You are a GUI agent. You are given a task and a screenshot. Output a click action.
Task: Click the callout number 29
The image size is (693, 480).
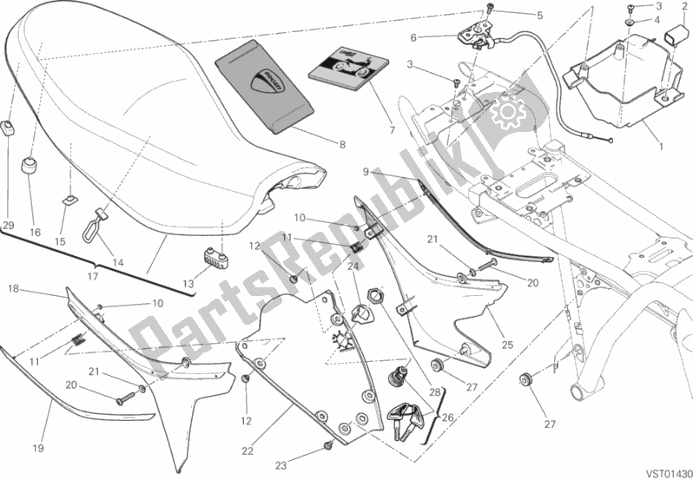click(x=9, y=227)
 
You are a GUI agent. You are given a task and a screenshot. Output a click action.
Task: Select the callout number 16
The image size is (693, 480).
click(x=35, y=232)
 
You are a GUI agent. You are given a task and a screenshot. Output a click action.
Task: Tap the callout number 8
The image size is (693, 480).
click(x=342, y=144)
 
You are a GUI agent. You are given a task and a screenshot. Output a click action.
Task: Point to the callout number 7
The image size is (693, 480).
click(x=393, y=131)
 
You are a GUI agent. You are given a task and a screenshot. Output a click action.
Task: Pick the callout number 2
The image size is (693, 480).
click(x=685, y=6)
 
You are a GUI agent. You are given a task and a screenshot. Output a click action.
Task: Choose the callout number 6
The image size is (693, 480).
click(x=413, y=37)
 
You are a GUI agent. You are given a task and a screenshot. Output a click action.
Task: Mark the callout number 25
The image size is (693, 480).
click(x=508, y=345)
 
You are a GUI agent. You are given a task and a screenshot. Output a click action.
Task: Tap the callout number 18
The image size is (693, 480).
click(x=15, y=288)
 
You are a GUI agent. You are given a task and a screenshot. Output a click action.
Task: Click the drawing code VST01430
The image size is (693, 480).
click(x=664, y=471)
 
